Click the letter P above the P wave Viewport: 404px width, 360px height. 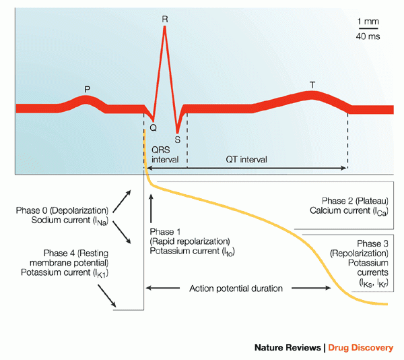click(87, 88)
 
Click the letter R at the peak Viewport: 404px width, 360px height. click(165, 19)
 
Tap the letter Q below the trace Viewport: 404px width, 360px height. click(154, 126)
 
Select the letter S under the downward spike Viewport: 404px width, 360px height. click(177, 140)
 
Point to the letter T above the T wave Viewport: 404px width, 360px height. click(312, 85)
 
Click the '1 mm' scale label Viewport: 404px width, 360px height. click(368, 21)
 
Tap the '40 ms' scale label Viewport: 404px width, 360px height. click(368, 36)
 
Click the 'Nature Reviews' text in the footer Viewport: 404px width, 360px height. click(287, 348)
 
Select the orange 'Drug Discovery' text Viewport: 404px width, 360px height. click(361, 348)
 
